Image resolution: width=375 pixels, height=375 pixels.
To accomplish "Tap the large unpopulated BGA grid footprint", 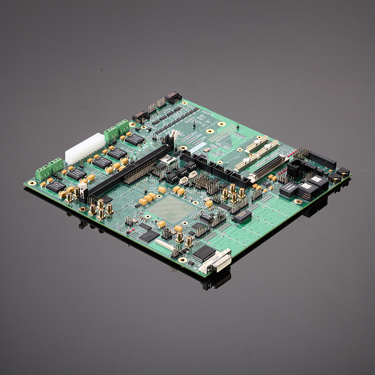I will coord(172,208).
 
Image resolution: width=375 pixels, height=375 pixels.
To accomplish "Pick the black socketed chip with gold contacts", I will coord(242,216).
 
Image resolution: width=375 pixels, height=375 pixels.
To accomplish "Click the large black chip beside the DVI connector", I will coord(204,253).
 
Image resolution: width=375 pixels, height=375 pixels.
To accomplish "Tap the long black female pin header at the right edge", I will coord(321,160).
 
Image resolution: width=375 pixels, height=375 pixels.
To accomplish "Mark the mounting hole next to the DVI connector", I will coord(183,259).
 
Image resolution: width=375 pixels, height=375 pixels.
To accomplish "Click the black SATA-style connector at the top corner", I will coord(173,97).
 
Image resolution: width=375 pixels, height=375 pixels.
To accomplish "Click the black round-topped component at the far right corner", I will coord(344,172).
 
